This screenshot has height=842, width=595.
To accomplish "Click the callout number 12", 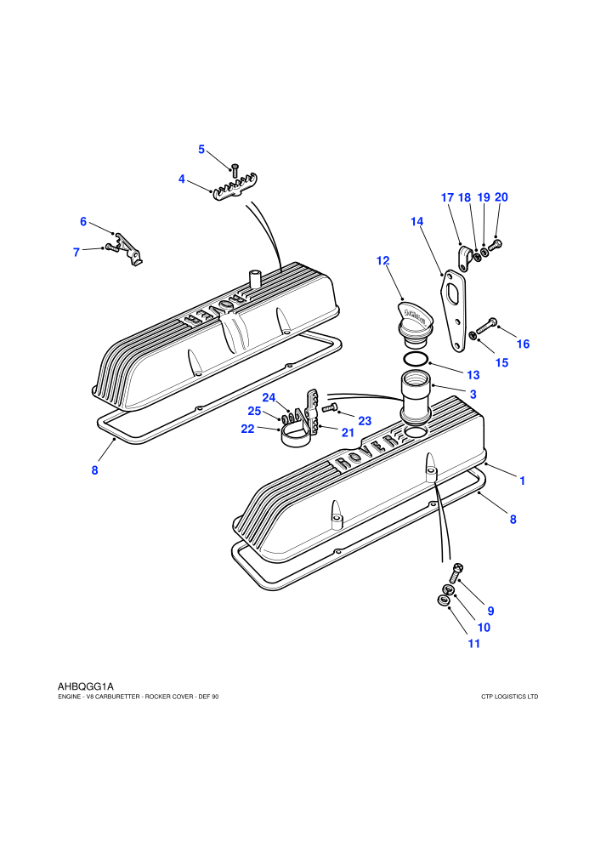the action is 382,261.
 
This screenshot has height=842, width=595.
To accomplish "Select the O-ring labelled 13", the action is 416,359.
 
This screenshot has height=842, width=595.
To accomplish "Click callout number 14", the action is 416,221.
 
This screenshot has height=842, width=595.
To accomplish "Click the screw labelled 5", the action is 234,170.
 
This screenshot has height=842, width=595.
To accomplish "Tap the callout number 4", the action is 181,179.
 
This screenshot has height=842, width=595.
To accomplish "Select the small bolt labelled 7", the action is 111,247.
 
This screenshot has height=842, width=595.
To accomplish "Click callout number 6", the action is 83,221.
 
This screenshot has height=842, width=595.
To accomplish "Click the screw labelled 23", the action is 328,408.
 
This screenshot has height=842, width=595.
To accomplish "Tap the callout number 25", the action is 254,411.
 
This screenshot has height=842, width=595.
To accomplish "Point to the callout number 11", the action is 473,643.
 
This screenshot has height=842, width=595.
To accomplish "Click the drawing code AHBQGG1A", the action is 85,686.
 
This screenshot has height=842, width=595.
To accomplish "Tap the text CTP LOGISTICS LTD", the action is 509,697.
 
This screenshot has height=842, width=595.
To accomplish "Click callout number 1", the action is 522,481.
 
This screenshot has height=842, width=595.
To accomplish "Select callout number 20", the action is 501,197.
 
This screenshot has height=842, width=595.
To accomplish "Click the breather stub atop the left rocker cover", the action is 254,279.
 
